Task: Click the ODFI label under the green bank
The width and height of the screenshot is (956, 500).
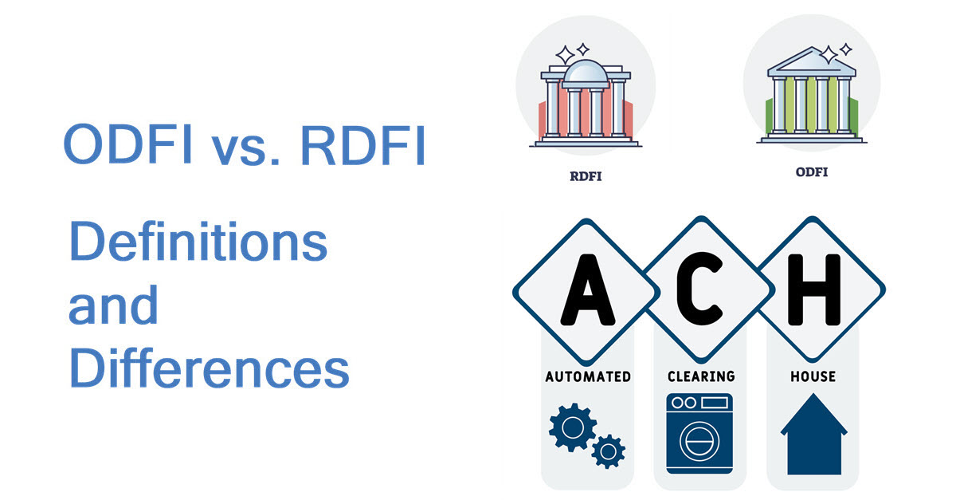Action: pos(811,171)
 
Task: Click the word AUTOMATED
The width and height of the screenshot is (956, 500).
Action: pos(588,376)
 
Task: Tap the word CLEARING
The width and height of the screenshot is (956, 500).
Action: pos(700,376)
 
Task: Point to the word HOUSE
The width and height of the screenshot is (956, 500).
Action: pos(813,376)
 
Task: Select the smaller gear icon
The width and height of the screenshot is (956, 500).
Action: pos(609,451)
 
